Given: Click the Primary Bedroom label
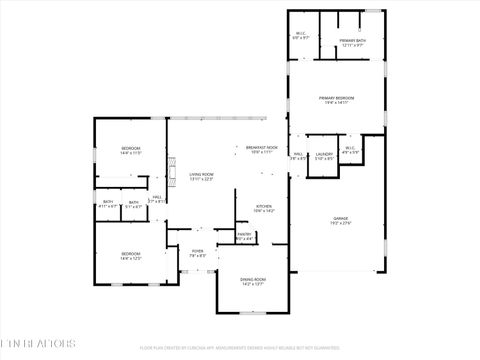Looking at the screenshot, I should (x=337, y=97).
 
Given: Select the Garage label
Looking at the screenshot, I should (x=342, y=218).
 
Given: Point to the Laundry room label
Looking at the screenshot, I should (x=324, y=154).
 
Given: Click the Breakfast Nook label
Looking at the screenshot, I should (x=262, y=147).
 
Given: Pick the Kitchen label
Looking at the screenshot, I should (x=263, y=206).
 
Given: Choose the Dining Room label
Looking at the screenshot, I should (x=253, y=279).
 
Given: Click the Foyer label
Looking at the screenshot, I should (x=198, y=251).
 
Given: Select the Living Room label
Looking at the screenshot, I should (x=202, y=174).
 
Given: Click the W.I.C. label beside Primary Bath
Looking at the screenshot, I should (x=300, y=33).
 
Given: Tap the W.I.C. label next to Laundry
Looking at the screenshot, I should (x=350, y=149).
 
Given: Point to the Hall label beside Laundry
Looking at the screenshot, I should (x=298, y=154).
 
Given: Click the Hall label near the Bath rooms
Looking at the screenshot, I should (x=157, y=197).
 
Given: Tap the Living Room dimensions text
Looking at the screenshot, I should (x=202, y=179).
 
